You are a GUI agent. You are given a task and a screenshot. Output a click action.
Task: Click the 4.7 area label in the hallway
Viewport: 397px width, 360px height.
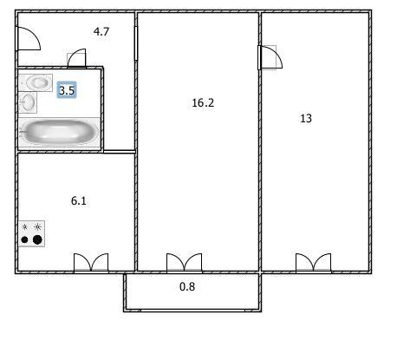click(x=101, y=31)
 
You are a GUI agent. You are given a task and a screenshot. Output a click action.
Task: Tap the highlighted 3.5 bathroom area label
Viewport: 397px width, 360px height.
click(x=67, y=90)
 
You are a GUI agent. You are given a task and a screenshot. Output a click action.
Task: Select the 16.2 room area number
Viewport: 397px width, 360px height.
click(x=203, y=102)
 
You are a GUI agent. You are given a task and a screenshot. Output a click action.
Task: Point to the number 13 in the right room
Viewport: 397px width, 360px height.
click(x=306, y=119)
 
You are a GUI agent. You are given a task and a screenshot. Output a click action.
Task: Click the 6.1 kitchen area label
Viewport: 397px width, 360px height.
click(x=79, y=200)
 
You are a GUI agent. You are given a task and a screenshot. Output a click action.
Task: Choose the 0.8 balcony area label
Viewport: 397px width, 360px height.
click(x=187, y=286)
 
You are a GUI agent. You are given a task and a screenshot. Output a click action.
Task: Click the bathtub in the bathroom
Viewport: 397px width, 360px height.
click(x=59, y=132)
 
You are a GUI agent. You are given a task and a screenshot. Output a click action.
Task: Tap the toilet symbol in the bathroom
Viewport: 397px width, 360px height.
click(x=36, y=82)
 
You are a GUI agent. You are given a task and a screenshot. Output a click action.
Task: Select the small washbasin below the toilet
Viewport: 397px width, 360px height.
click(x=28, y=102)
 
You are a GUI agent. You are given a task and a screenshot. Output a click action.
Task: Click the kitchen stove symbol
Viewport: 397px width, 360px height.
click(x=31, y=233)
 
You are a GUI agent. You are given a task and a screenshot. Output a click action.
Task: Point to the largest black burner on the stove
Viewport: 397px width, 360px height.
click(x=37, y=239)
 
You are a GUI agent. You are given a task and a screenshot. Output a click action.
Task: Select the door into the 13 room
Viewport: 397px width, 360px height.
click(x=270, y=57)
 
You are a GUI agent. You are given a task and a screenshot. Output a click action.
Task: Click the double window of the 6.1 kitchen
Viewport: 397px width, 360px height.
click(x=91, y=263)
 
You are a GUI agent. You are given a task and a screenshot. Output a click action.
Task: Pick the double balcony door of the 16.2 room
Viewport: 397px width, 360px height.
click(x=185, y=263)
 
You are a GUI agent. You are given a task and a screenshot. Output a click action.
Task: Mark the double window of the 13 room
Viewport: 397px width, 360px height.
click(x=314, y=263)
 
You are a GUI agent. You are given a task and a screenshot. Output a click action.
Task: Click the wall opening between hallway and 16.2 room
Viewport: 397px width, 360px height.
click(x=136, y=43)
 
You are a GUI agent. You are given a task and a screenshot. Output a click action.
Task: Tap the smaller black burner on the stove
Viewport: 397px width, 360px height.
click(x=25, y=239)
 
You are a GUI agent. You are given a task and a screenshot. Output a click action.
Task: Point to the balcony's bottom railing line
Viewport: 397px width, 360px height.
click(x=192, y=311)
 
